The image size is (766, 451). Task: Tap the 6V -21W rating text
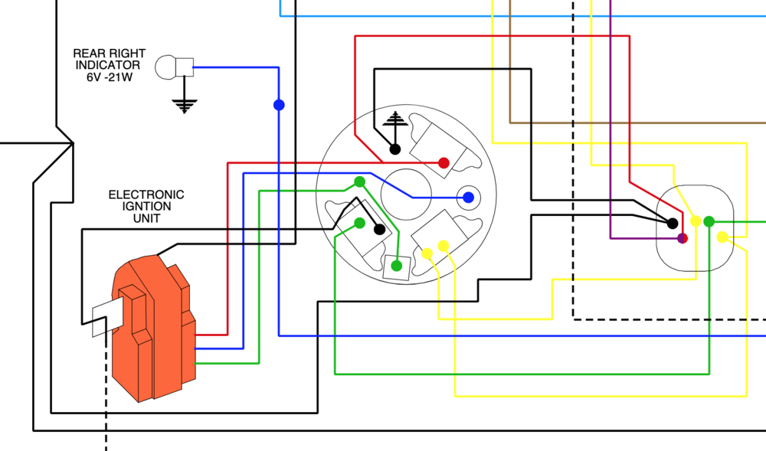point(110,77)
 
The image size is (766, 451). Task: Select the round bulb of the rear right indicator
point(165,67)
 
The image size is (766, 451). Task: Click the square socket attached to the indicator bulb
point(185,67)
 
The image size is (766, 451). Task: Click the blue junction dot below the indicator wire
point(279,105)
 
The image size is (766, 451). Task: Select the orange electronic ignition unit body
point(154,328)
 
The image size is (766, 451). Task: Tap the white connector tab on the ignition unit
point(107,317)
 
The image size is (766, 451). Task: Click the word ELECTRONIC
point(146,194)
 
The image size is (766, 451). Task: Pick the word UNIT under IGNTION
point(146,218)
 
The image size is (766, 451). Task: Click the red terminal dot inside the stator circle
point(444,163)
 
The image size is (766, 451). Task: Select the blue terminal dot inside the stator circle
point(468,198)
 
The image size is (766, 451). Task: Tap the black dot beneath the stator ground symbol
point(394,149)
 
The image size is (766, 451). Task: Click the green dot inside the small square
point(397,266)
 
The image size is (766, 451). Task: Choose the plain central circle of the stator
point(406,194)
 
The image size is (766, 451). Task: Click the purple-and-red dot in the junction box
point(683,238)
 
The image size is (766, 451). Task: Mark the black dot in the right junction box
point(673,224)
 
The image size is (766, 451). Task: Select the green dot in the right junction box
point(709,222)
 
